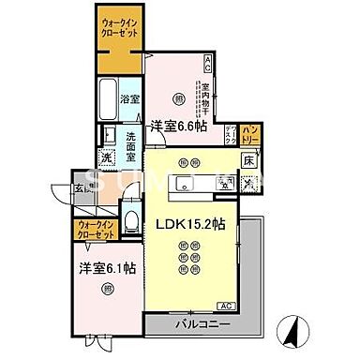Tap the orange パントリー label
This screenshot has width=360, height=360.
coord(250,135)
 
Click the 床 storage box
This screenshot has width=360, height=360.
coord(248,160)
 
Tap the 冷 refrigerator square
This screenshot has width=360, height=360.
coord(247,183)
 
